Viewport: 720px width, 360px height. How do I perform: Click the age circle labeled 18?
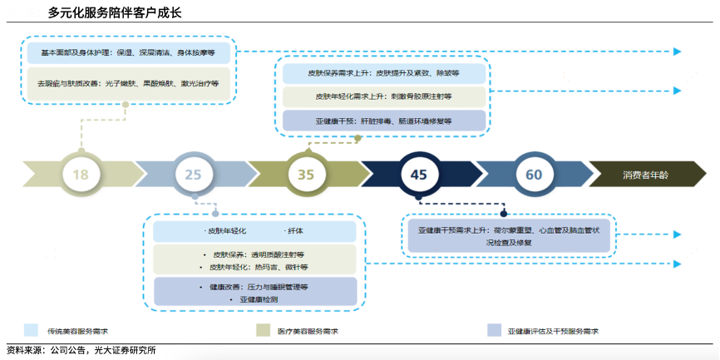tap(81, 175)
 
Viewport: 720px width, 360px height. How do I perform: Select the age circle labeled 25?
tap(193, 175)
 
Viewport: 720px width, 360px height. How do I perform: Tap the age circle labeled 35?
tap(306, 175)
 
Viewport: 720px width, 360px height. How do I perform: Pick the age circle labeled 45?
tap(418, 175)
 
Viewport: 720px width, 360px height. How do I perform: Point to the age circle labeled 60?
tap(534, 175)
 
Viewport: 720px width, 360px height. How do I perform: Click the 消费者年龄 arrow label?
tap(645, 175)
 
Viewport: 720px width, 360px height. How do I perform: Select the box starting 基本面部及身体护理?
tap(127, 52)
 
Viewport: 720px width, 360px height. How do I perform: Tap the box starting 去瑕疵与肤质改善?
tap(127, 84)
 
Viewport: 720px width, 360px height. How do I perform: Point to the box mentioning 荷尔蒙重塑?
tap(508, 234)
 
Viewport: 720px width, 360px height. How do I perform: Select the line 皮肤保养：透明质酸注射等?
tap(254, 254)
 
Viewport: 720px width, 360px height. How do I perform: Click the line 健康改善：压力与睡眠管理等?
tap(254, 286)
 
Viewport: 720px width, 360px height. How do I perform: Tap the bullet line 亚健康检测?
tap(254, 298)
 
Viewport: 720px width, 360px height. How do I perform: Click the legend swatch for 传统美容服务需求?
tap(32, 330)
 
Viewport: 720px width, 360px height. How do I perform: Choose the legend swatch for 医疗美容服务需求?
tap(263, 330)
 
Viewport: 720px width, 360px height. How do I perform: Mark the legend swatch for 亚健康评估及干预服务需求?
tap(494, 330)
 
